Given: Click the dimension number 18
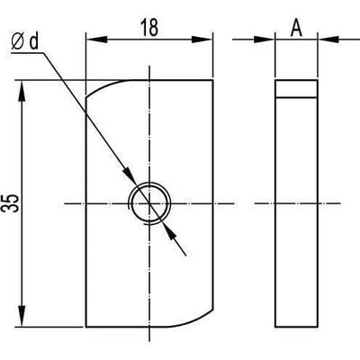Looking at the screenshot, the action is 149,28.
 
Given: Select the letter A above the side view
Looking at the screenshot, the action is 296,28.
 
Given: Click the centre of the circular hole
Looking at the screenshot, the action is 149,203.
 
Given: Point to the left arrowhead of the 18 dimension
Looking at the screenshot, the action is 96,40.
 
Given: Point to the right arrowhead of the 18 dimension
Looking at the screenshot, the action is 202,40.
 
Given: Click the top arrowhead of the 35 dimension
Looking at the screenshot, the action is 22,91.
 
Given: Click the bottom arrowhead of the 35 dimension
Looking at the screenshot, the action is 22,316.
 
